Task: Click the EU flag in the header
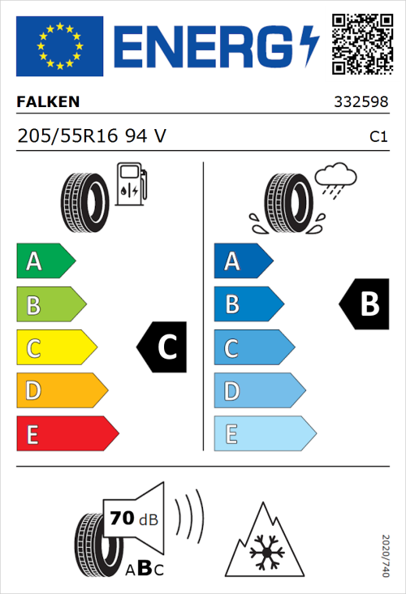pyautogui.click(x=60, y=46)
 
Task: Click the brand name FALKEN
pyautogui.click(x=49, y=103)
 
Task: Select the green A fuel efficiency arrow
pyautogui.click(x=45, y=261)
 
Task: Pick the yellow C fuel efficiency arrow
pyautogui.click(x=55, y=348)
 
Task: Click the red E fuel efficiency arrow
pyautogui.click(x=67, y=434)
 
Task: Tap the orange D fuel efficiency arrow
pyautogui.click(x=61, y=391)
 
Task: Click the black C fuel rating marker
pyautogui.click(x=162, y=348)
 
